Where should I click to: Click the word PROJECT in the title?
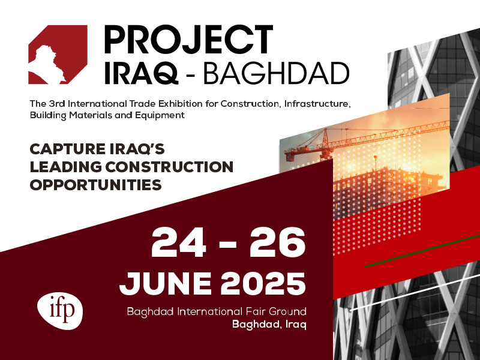(x=188, y=39)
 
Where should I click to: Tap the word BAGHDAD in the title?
(x=276, y=73)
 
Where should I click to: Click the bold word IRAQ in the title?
(x=141, y=73)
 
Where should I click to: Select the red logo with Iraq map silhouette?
(x=58, y=55)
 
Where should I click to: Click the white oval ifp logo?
(x=60, y=311)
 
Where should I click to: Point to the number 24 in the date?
(x=179, y=242)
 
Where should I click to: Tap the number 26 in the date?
(x=277, y=242)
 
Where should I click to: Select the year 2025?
(x=263, y=283)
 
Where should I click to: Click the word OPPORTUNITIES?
(x=95, y=185)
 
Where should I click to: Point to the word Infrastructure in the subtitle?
(x=317, y=104)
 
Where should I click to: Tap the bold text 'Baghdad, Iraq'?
(x=269, y=324)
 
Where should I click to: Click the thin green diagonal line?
(x=422, y=251)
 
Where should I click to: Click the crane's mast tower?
(x=325, y=145)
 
